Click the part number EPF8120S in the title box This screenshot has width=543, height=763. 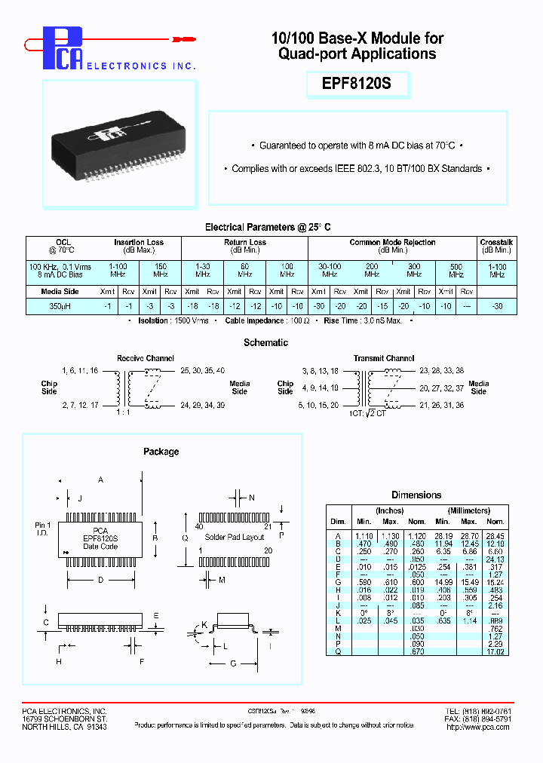click(x=357, y=84)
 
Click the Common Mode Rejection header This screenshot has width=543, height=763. click(x=392, y=242)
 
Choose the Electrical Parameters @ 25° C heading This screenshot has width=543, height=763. click(x=268, y=227)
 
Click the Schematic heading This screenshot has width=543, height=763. click(x=265, y=342)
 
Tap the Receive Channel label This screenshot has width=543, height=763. click(x=146, y=358)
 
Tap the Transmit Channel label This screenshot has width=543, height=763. click(x=384, y=358)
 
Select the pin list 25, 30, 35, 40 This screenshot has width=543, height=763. click(x=203, y=371)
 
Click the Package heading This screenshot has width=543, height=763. click(x=161, y=452)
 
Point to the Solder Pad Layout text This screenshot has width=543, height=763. click(x=234, y=537)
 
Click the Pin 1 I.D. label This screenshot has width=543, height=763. click(x=44, y=529)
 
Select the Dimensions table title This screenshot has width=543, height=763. click(x=416, y=495)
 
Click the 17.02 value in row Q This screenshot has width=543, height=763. click(x=495, y=651)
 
